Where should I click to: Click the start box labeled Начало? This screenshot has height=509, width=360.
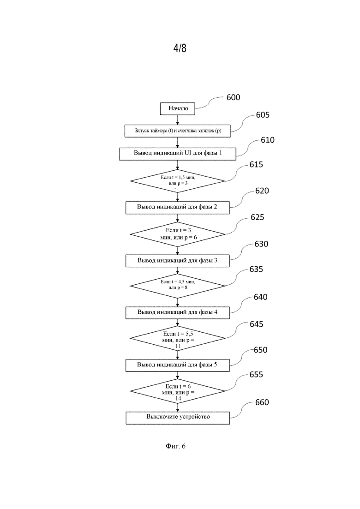pyautogui.click(x=178, y=109)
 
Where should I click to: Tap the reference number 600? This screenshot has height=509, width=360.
pyautogui.click(x=233, y=98)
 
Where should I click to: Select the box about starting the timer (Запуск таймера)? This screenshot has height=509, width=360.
pyautogui.click(x=178, y=131)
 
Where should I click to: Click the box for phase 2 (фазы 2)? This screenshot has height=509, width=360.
pyautogui.click(x=178, y=207)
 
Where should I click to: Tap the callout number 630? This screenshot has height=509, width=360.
pyautogui.click(x=261, y=244)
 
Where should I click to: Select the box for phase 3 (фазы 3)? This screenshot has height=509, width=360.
pyautogui.click(x=178, y=261)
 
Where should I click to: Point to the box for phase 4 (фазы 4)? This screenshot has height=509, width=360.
pyautogui.click(x=178, y=312)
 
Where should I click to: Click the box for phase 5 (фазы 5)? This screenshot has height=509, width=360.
pyautogui.click(x=178, y=365)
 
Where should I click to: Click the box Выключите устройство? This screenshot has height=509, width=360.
pyautogui.click(x=178, y=417)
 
